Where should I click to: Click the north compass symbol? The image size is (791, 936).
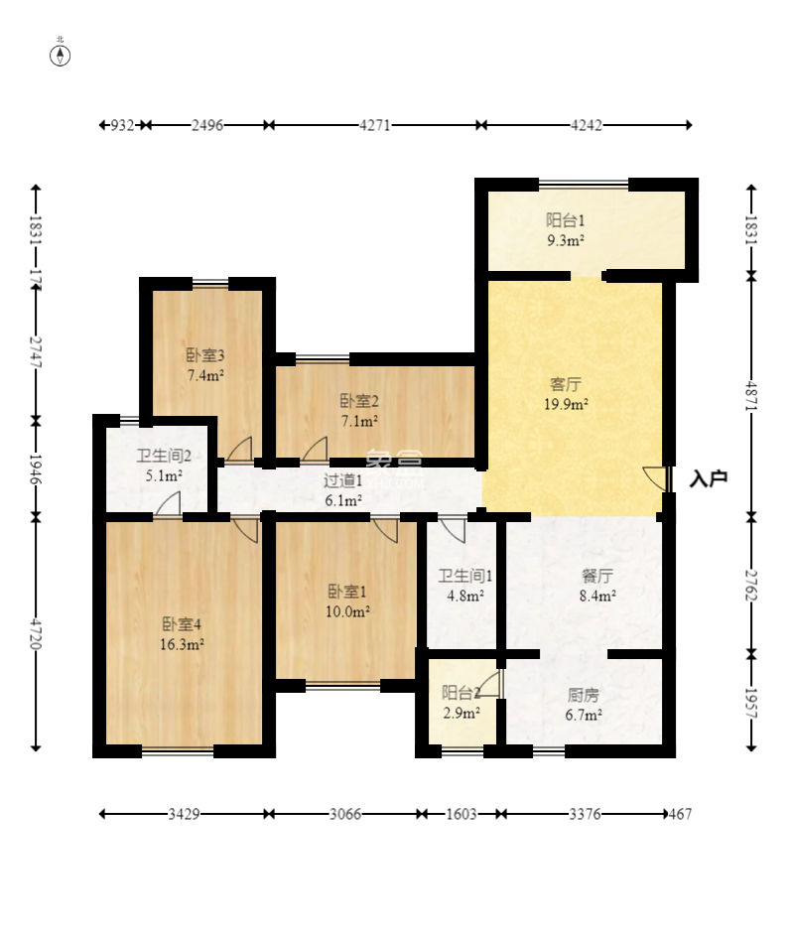click(60, 53)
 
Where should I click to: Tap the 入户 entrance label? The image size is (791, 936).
click(708, 478)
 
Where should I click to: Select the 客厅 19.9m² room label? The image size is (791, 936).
click(566, 394)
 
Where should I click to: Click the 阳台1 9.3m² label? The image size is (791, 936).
click(566, 230)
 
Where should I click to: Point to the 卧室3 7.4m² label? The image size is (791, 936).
click(205, 365)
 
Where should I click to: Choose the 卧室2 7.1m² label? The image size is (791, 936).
click(359, 411)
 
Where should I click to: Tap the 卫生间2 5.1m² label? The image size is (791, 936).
click(164, 466)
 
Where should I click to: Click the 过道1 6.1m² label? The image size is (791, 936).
click(343, 490)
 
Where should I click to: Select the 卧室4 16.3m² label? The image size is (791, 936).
click(182, 634)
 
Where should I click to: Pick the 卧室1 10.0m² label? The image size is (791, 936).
click(347, 602)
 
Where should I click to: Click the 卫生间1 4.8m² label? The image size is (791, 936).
click(465, 586)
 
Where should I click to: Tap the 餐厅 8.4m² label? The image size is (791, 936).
click(597, 586)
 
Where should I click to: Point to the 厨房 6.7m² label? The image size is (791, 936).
click(584, 705)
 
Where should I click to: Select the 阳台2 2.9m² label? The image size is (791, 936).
click(461, 703)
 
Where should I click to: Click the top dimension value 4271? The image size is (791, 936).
click(375, 125)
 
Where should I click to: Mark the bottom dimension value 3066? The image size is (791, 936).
click(345, 814)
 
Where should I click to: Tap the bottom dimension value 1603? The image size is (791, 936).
click(461, 814)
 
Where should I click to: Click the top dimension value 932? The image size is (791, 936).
click(123, 125)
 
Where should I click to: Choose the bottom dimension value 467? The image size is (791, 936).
click(680, 814)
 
